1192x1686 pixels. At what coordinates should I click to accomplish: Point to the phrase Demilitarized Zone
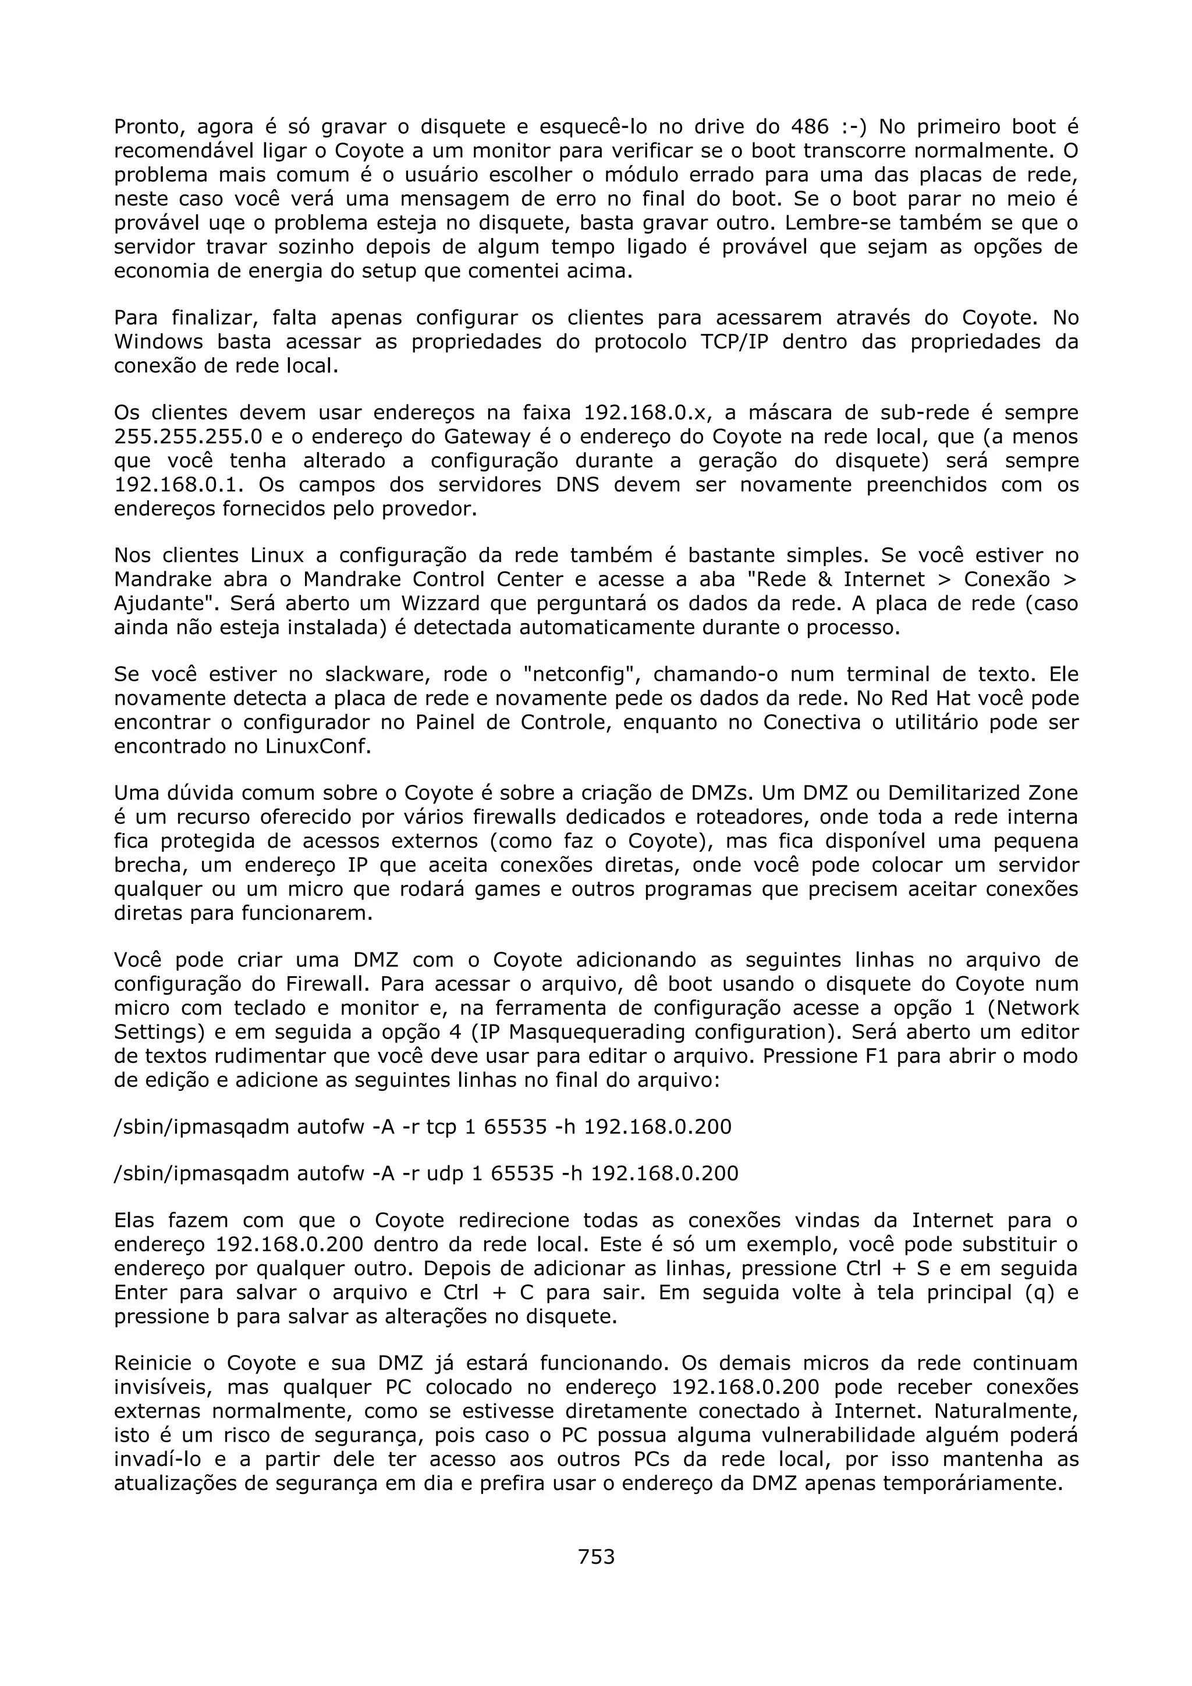(x=982, y=793)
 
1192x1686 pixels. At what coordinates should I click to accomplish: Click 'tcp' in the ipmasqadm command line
(x=441, y=1127)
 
